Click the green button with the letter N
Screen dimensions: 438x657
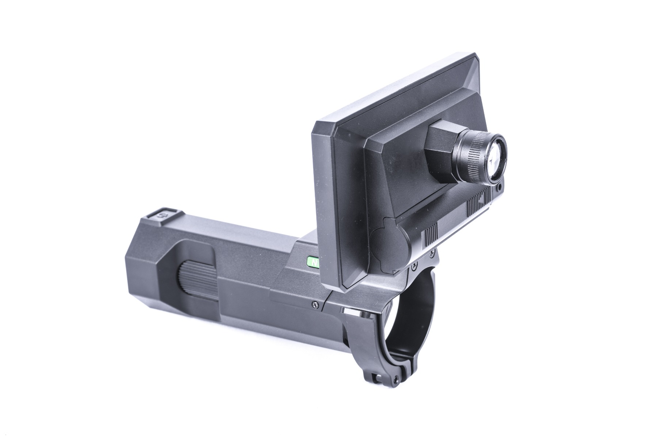pos(313,262)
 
